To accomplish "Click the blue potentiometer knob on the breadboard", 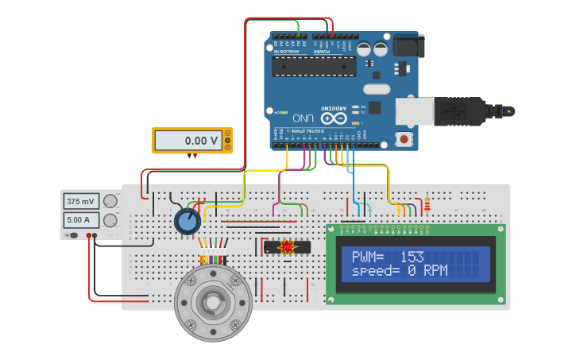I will pos(187,221).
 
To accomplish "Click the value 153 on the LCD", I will pos(412,257).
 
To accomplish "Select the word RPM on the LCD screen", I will pos(434,271).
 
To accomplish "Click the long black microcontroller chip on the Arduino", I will pos(314,67).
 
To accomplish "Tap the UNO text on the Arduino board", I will pos(303,118).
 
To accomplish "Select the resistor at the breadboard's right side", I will pos(427,204).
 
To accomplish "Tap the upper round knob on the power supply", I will pos(110,202).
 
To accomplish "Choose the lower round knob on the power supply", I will pos(110,220).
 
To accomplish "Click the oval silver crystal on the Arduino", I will pos(377,89).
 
